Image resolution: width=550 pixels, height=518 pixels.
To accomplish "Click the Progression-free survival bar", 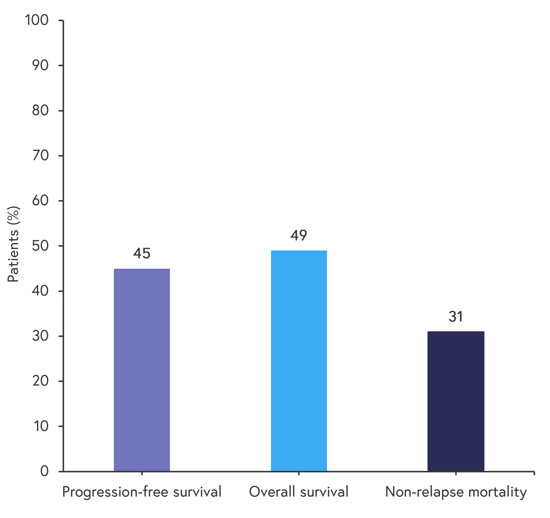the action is tap(142, 370).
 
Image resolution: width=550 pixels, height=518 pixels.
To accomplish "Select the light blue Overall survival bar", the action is tap(299, 361).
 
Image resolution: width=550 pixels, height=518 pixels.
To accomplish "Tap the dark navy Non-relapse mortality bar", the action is tap(456, 401).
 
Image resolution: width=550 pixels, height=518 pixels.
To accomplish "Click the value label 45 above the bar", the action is tap(142, 253).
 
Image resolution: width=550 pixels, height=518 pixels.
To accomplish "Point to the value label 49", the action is tap(299, 236).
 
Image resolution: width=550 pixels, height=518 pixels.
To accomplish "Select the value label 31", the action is tap(456, 317).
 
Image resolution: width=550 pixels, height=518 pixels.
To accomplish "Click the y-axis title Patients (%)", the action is tap(13, 244).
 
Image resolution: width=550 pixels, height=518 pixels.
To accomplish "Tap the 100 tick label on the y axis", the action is tap(37, 20).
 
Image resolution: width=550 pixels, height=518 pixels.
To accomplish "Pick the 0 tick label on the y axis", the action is tap(44, 471).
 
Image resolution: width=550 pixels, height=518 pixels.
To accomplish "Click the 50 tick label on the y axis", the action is tap(40, 246).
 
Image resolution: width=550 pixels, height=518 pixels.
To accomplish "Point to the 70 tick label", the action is tap(40, 156).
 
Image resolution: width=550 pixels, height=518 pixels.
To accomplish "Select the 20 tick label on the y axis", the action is tap(40, 381).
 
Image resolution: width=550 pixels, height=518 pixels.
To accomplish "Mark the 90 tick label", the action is tap(40, 65).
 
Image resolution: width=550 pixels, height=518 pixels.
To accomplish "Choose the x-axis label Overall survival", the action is tap(299, 492).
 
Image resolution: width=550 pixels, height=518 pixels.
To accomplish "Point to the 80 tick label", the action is tap(40, 111).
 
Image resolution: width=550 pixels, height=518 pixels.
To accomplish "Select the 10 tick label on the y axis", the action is tap(41, 426).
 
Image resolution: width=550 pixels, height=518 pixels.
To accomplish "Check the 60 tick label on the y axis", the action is tap(40, 201).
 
